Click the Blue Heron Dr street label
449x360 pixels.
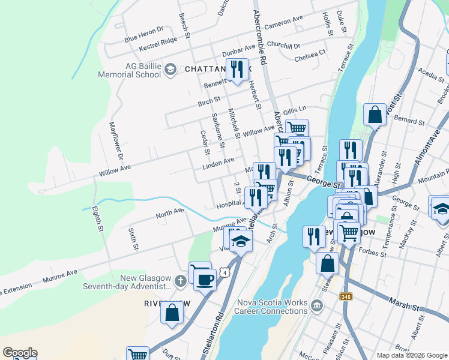tap(143, 34)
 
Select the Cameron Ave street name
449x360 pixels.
tap(284, 23)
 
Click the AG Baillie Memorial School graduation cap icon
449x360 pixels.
tap(170, 70)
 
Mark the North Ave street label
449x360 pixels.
tap(169, 213)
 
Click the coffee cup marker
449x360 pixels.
tap(205, 279)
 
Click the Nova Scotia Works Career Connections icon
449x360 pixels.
tap(317, 307)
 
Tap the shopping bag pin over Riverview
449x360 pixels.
tap(172, 313)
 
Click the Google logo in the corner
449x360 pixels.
tap(19, 353)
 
